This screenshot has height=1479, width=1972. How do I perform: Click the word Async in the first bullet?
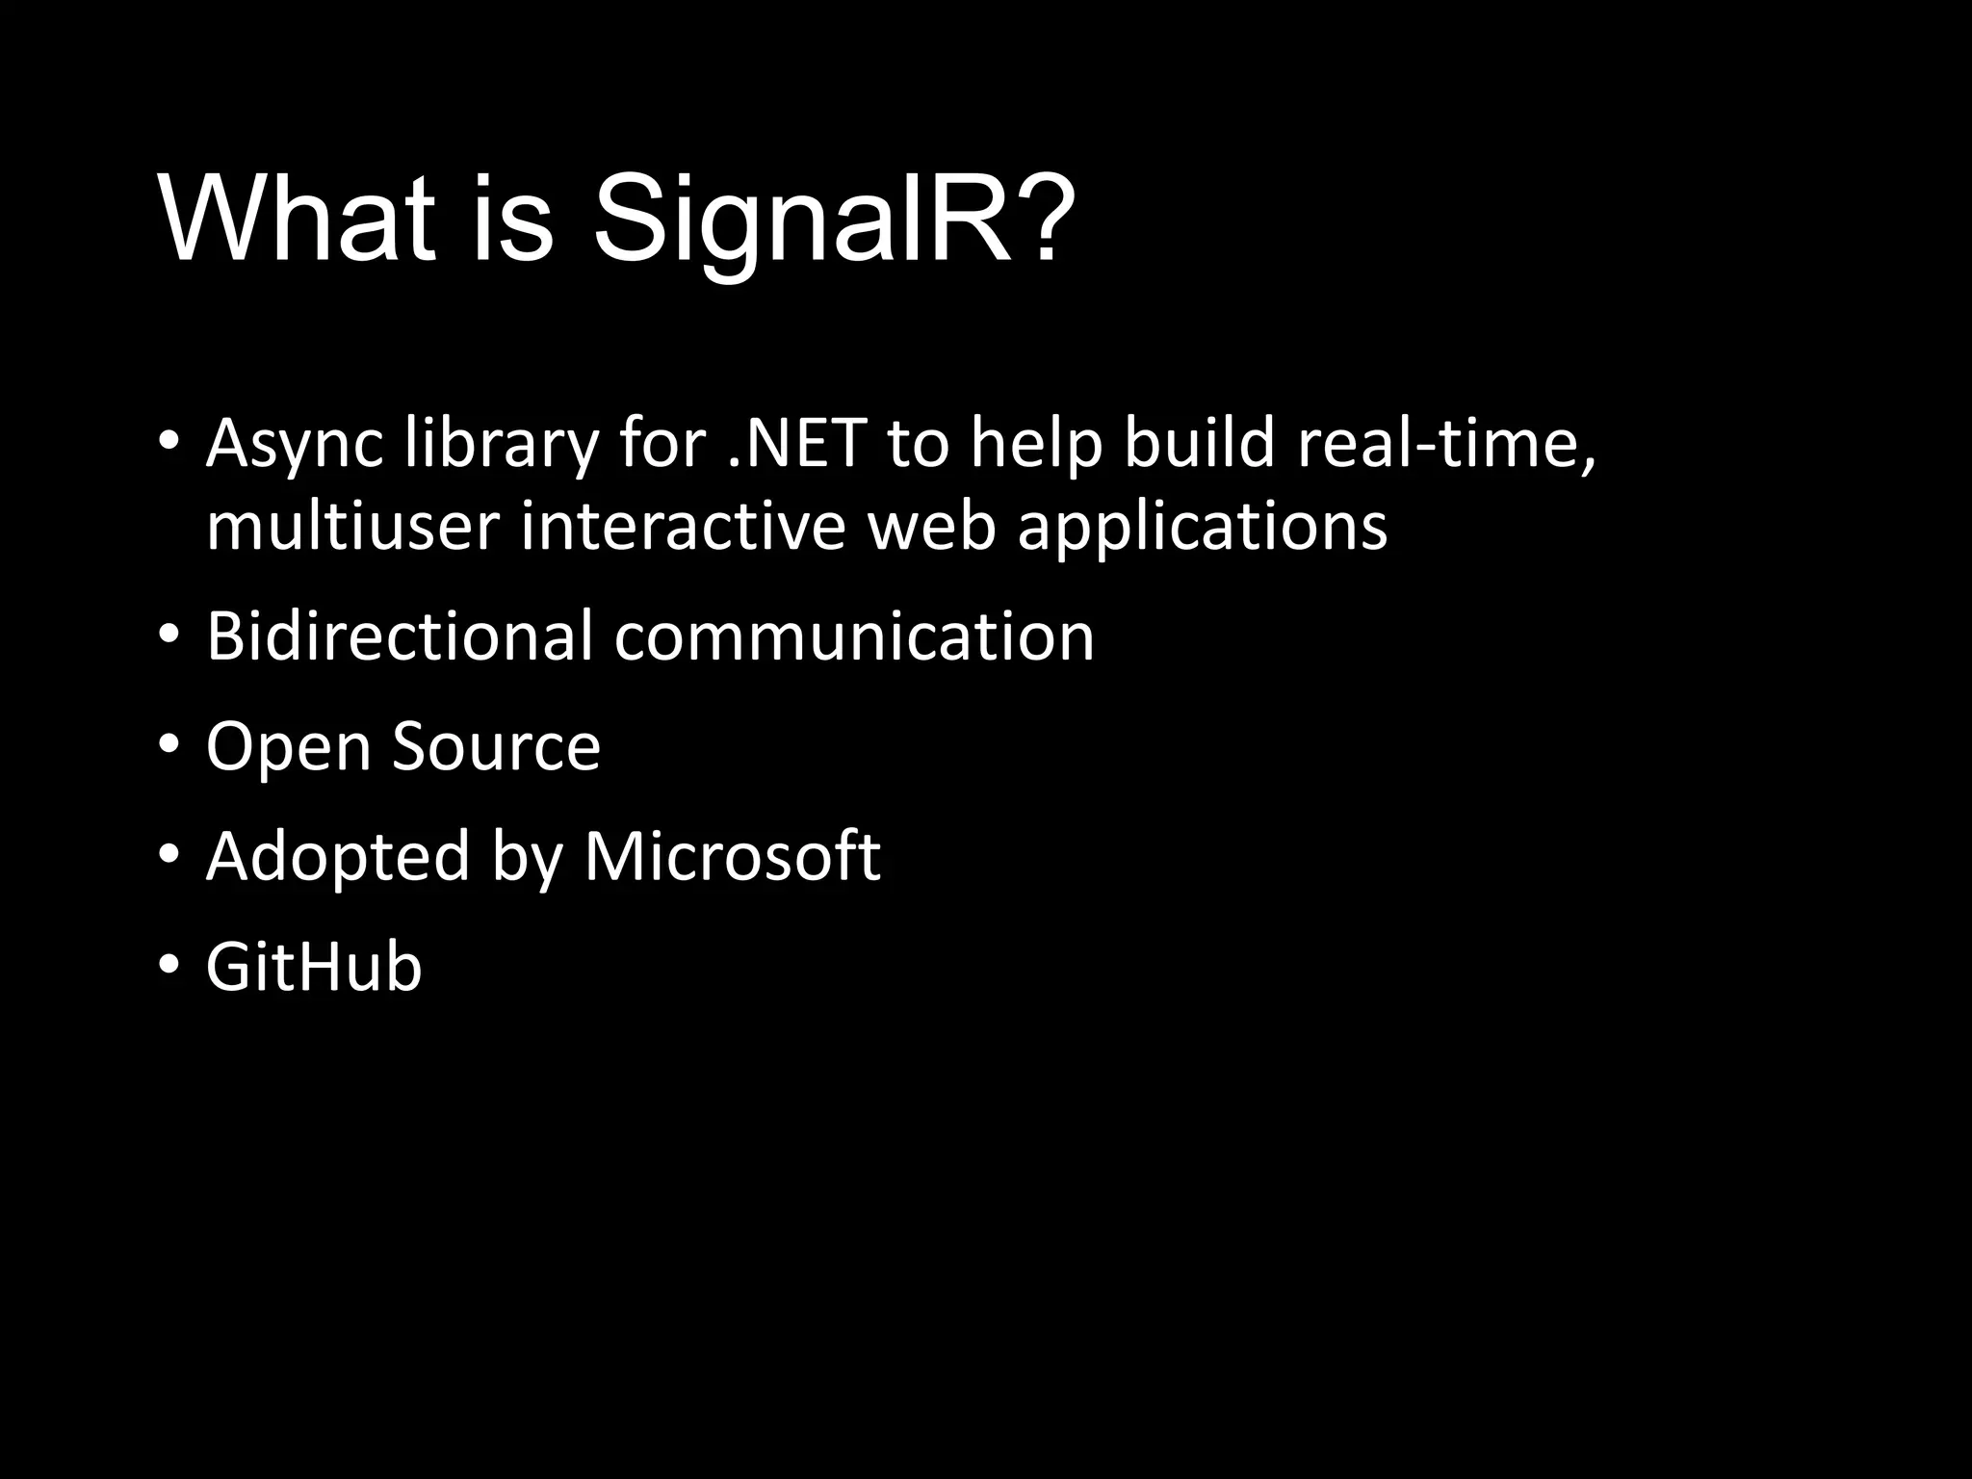tap(295, 445)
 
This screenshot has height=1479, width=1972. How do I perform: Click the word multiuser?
tap(352, 527)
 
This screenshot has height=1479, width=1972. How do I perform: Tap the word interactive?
tap(683, 527)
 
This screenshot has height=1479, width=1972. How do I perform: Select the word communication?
tap(854, 636)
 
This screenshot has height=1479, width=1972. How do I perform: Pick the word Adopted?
tap(337, 858)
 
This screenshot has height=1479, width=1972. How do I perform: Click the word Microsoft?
tap(732, 856)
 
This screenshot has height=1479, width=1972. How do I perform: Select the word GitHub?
tap(314, 967)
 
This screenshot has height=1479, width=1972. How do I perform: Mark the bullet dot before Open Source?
tap(169, 743)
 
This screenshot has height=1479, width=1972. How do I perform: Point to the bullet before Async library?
tap(169, 441)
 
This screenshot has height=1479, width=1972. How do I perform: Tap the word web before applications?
tap(931, 527)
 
